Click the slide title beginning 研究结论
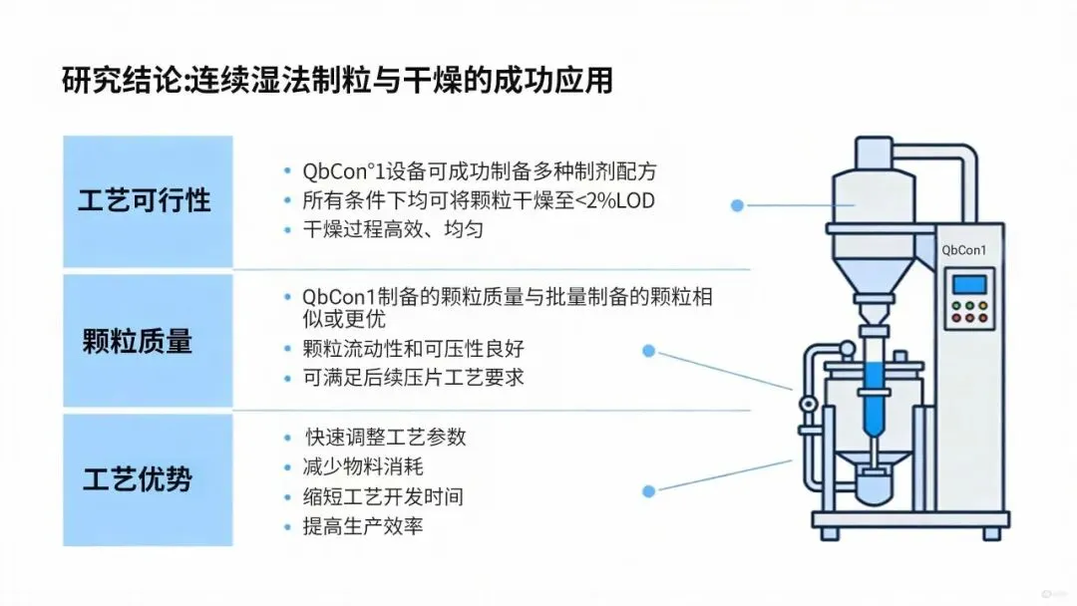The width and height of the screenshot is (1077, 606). [x=336, y=80]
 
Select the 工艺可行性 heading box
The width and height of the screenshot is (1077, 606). [x=147, y=200]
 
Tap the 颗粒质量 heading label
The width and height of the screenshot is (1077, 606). [x=138, y=342]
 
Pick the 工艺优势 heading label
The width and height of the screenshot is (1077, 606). [x=138, y=479]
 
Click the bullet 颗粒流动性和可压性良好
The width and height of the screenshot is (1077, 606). [x=413, y=349]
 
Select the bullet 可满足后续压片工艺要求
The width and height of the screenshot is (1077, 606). [x=413, y=378]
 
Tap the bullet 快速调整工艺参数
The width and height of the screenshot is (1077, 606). [x=385, y=437]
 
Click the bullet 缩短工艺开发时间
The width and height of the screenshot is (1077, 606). [x=383, y=496]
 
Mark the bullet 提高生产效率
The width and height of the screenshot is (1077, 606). [x=363, y=526]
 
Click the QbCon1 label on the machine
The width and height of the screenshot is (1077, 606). [x=963, y=250]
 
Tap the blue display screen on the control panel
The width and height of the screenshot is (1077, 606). [x=968, y=285]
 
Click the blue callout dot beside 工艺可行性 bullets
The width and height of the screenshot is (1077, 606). [x=737, y=205]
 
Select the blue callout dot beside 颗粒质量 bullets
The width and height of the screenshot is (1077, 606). [x=648, y=351]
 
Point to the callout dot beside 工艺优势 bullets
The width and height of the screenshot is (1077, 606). [x=649, y=490]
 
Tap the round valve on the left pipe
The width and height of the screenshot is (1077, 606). [x=807, y=403]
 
